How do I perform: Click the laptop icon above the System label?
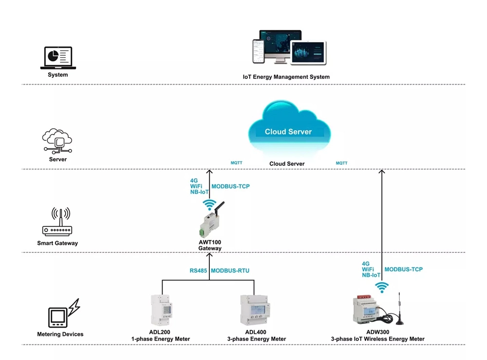[57, 58]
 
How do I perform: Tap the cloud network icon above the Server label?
[57, 141]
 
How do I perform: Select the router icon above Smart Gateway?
[57, 223]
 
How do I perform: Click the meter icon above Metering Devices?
[63, 315]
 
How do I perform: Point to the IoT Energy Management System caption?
[286, 77]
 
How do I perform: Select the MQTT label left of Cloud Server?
[236, 163]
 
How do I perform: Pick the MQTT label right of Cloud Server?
[341, 163]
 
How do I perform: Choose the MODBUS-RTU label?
[230, 270]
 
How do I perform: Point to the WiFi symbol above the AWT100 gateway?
[209, 204]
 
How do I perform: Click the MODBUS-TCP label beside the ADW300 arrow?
[404, 269]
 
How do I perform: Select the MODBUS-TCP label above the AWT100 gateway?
[230, 187]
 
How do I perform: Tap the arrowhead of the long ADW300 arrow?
[382, 172]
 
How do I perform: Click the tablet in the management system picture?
[309, 52]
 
